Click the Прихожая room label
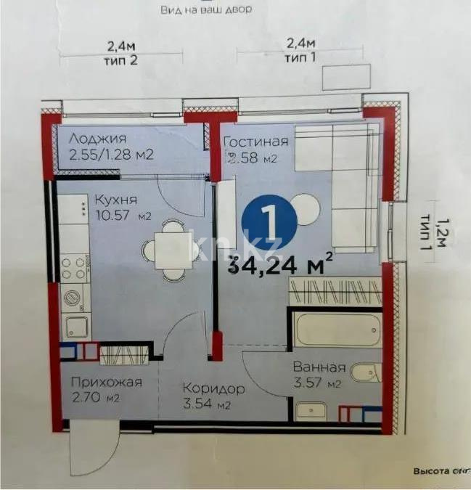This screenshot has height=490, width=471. click(106, 382)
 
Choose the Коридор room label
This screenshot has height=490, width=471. click(213, 389)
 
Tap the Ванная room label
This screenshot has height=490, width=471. click(319, 367)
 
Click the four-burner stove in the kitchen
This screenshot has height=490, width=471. click(74, 267)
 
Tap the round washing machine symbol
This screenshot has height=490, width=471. click(73, 298)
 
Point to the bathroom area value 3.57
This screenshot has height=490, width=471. click(318, 383)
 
